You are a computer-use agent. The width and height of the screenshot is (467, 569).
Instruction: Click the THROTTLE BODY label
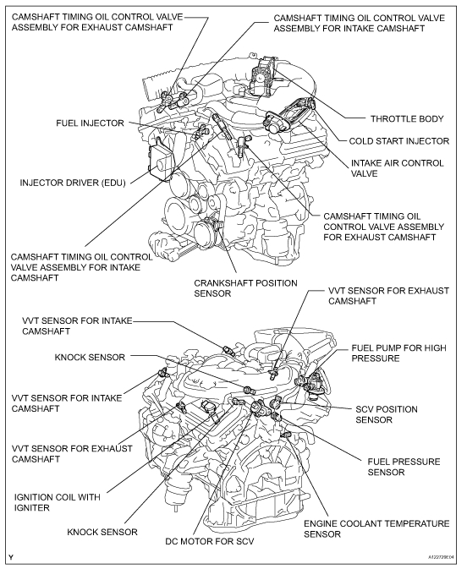[407, 118]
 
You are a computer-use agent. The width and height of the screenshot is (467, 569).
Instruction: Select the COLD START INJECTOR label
[399, 141]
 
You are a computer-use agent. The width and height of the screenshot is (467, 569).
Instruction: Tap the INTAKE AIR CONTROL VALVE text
[397, 168]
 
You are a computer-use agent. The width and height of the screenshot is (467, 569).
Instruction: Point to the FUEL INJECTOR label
[90, 123]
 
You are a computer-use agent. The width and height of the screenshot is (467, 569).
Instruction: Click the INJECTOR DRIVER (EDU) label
[73, 183]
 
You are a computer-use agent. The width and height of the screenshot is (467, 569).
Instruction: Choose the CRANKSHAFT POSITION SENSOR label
[245, 288]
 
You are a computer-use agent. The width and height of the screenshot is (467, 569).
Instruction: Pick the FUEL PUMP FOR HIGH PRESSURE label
[398, 353]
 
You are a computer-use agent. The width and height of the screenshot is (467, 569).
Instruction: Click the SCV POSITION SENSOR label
[387, 414]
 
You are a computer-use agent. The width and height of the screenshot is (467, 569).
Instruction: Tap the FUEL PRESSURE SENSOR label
[404, 467]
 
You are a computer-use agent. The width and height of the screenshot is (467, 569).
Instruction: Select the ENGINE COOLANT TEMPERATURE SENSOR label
[376, 528]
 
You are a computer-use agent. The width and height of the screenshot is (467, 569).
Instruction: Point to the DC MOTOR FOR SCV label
[210, 541]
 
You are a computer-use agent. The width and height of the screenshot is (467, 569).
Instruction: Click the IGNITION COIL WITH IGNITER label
[57, 502]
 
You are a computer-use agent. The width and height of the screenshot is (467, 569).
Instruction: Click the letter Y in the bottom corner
[12, 557]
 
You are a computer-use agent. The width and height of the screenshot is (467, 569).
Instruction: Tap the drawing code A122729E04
[441, 557]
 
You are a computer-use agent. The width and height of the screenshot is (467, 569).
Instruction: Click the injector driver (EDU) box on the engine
[161, 161]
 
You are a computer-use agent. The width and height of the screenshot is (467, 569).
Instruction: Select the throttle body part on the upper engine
[262, 77]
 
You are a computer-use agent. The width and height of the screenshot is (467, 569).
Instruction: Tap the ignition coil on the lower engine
[210, 409]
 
